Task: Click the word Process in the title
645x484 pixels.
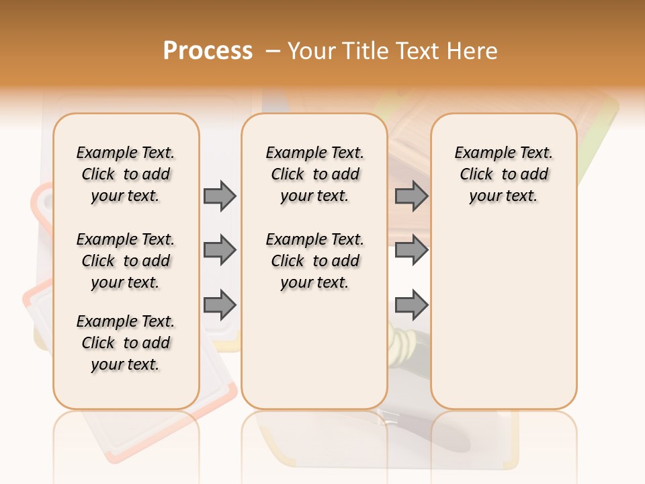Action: pos(208,50)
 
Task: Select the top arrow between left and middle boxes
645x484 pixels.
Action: pos(220,196)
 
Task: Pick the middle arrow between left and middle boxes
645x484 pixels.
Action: pos(220,250)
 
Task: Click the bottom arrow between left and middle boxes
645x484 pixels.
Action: pos(220,305)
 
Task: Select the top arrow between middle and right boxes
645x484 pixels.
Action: pos(411,196)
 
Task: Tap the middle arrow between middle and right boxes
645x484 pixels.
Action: pos(411,250)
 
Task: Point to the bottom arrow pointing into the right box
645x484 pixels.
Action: pos(411,305)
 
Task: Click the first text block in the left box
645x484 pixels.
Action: pos(126,174)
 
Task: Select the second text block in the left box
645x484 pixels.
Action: pos(126,261)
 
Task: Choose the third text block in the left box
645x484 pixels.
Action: pos(126,343)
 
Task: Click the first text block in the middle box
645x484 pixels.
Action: pos(315,174)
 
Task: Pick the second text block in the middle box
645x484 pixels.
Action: pos(315,261)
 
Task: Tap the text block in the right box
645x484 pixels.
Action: pos(504,174)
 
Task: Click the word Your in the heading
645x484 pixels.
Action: pos(312,50)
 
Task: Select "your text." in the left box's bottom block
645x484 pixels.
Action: pos(126,364)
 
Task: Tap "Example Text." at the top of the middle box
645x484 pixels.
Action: pos(315,153)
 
